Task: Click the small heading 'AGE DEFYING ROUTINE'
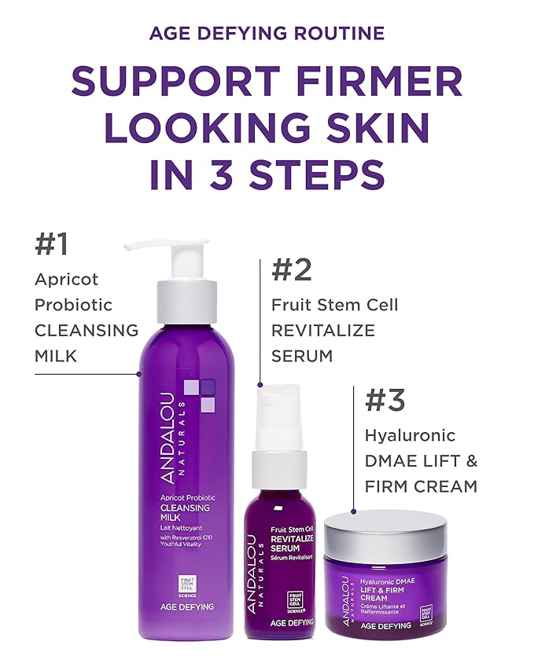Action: [x=267, y=33]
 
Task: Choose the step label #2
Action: [x=291, y=269]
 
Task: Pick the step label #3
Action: [x=385, y=400]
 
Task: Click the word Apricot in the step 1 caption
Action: [x=66, y=280]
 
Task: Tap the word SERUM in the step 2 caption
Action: [x=302, y=356]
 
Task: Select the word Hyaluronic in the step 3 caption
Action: [x=410, y=435]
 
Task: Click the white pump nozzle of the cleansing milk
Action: [x=161, y=247]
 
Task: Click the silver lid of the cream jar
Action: [x=385, y=530]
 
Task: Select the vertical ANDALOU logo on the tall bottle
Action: [x=168, y=440]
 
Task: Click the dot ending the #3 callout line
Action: [x=354, y=511]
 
